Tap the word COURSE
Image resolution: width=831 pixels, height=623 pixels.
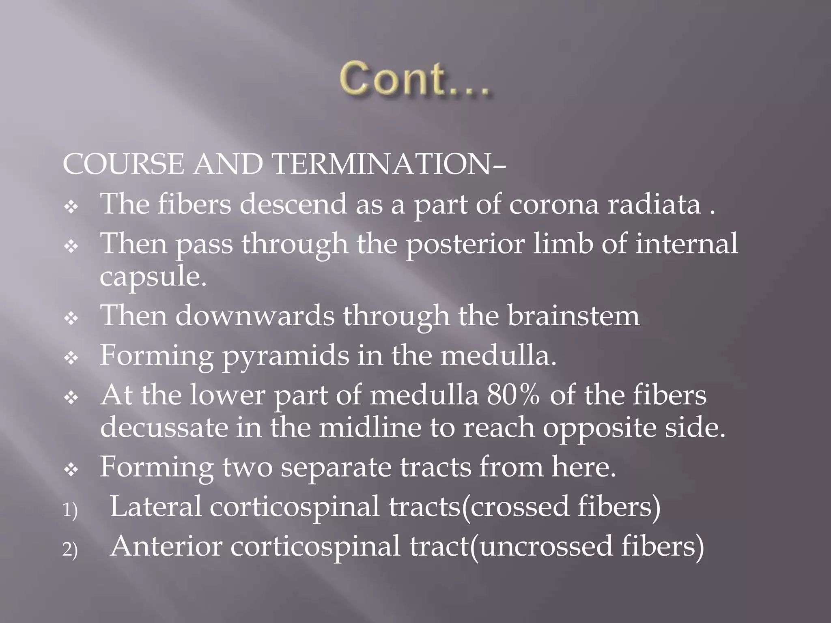pyautogui.click(x=123, y=165)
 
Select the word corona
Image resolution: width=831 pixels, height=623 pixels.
pyautogui.click(x=553, y=204)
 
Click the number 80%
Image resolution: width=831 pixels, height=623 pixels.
pyautogui.click(x=514, y=395)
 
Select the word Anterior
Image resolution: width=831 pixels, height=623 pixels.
pyautogui.click(x=166, y=546)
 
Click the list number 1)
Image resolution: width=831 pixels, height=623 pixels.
pyautogui.click(x=70, y=510)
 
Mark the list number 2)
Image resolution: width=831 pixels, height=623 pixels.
pyautogui.click(x=70, y=550)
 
